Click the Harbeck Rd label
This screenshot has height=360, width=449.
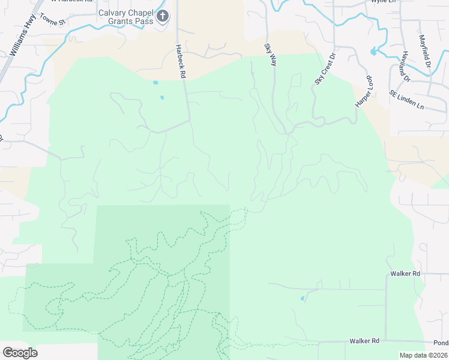pos(179,61)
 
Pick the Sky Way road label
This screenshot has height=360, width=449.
pos(270,54)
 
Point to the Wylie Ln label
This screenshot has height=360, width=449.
pos(384,2)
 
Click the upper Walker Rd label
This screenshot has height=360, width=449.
pos(405,274)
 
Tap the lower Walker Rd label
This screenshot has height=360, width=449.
pos(364,341)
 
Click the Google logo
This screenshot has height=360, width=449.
pos(20,352)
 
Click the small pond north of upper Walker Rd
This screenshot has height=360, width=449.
pos(302,298)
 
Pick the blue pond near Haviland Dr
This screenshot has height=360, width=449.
pos(374,52)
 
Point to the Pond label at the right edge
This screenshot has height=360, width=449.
pos(441,343)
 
